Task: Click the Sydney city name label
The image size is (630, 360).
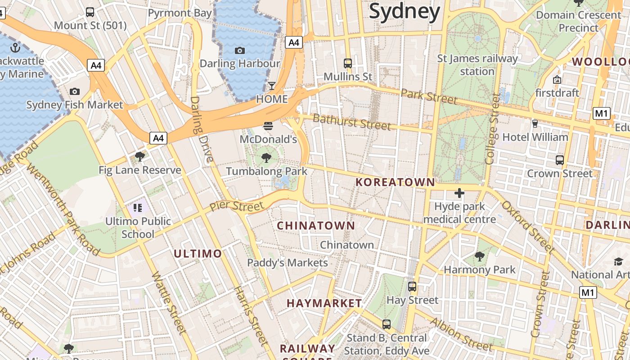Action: [404, 12]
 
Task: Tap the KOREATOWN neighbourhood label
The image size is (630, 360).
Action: [395, 182]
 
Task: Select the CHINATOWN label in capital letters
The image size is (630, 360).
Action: [316, 225]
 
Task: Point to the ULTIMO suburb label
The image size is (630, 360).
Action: [198, 254]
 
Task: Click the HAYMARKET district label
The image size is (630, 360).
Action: [324, 303]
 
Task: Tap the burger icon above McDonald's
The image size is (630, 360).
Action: [268, 126]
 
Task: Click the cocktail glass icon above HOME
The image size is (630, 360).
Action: [272, 85]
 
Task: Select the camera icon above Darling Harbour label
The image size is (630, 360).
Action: [240, 50]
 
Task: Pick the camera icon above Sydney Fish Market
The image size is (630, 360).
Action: [75, 92]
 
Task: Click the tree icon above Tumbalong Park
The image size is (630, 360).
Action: [266, 157]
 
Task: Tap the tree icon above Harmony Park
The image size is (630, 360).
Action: [480, 256]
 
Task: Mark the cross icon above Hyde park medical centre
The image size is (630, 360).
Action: [459, 193]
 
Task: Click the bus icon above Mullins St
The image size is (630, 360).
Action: [348, 63]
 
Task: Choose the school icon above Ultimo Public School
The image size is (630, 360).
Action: [138, 208]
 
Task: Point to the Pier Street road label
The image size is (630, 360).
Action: [237, 206]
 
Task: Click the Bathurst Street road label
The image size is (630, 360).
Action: [351, 122]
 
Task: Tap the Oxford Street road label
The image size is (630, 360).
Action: [527, 226]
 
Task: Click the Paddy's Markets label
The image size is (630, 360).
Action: [288, 263]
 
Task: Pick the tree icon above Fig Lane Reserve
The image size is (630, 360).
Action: [140, 157]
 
